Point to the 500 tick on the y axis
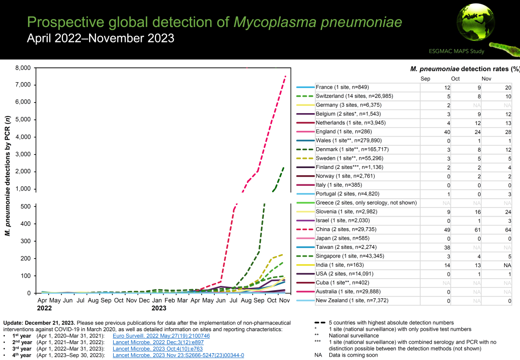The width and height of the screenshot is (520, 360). coord(25,206)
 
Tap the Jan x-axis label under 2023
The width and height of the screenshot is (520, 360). coord(156,300)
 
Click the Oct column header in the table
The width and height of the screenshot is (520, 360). coord(455,78)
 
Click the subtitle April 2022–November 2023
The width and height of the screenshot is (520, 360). coord(101,38)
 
